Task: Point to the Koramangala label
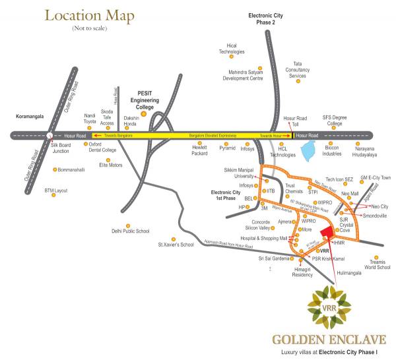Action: pos(30,116)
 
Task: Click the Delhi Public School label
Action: pos(131,231)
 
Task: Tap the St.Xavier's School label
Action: pos(176,245)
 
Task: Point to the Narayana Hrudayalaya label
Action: pos(357,150)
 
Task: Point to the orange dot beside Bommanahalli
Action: pos(54,169)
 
